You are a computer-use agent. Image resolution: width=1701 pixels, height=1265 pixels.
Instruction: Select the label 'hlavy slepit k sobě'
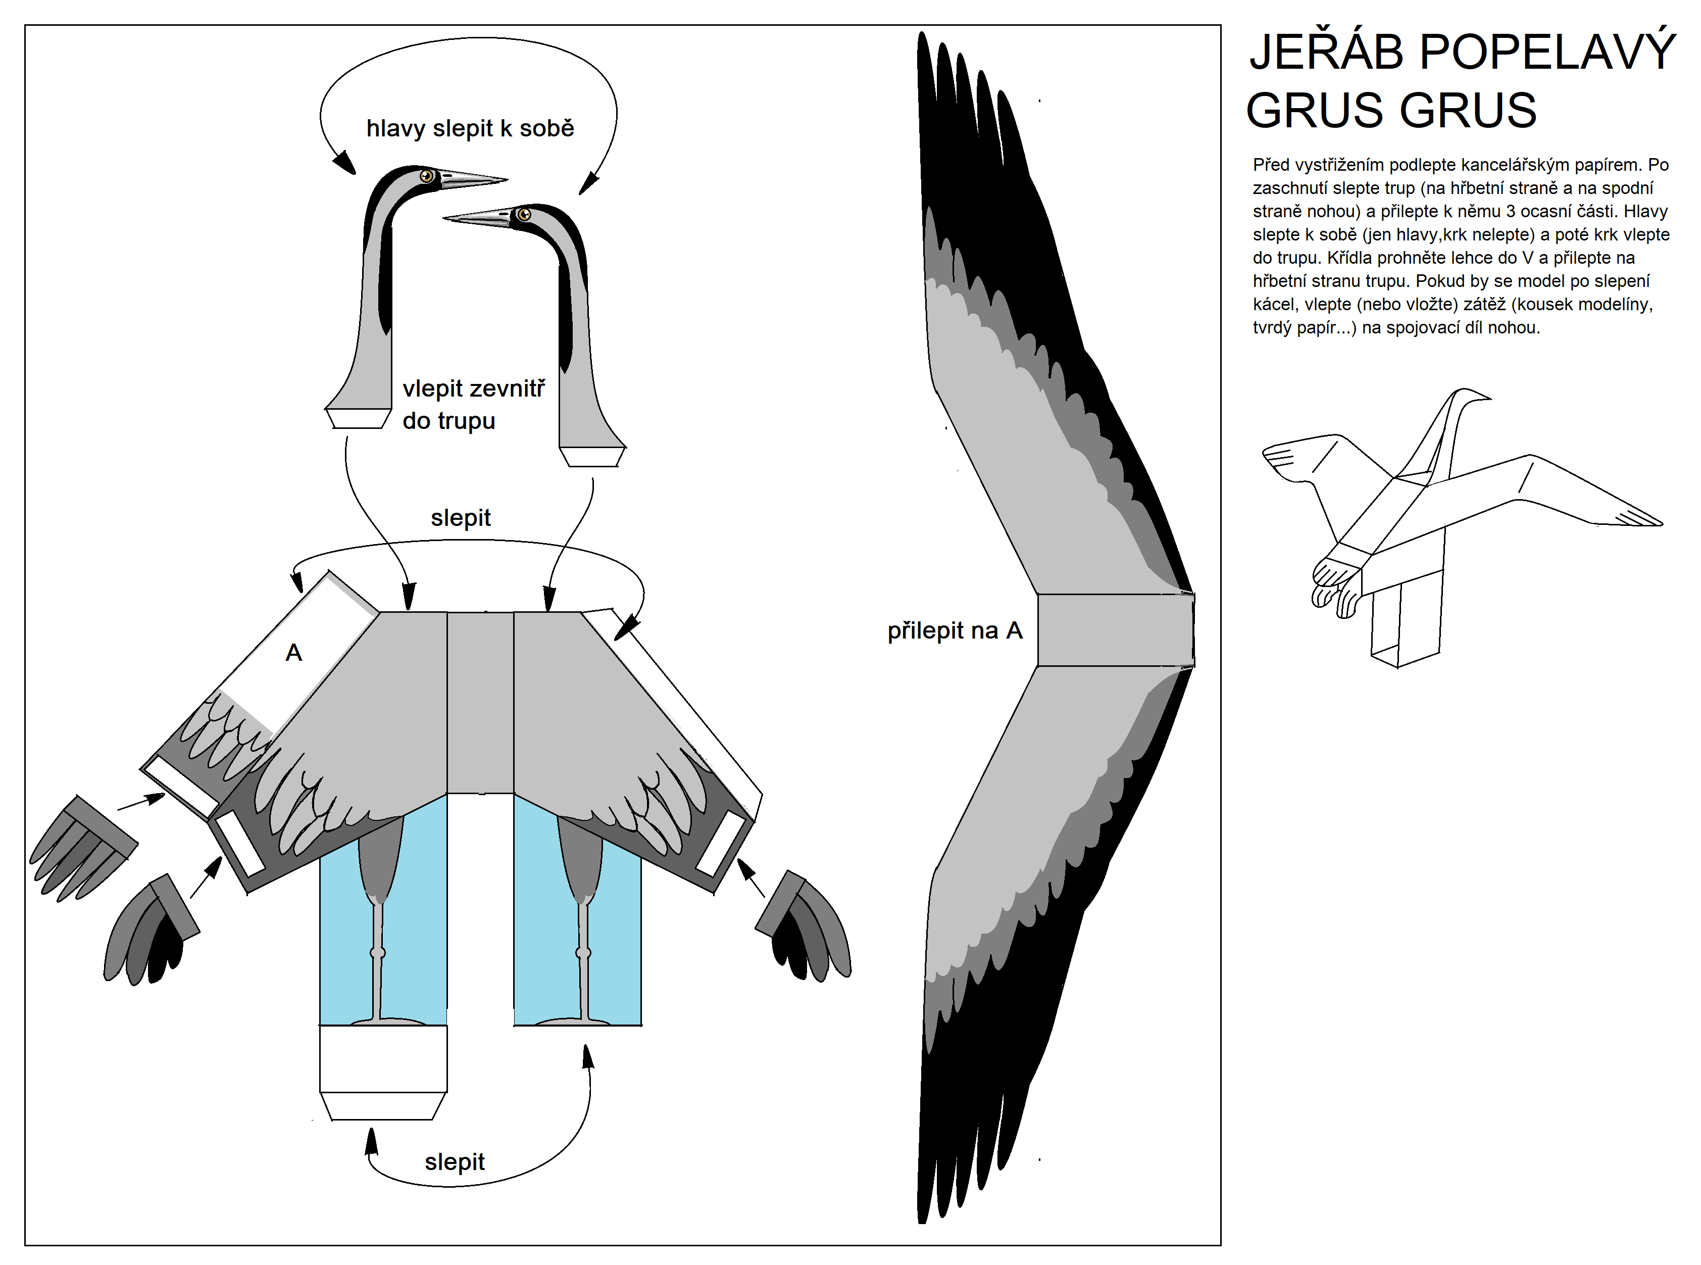click(470, 128)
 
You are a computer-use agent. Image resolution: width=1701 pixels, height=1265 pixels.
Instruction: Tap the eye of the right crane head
click(524, 214)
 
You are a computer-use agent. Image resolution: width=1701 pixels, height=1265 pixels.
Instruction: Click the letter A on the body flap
click(294, 652)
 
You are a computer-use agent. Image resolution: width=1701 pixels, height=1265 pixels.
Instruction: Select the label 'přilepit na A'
click(955, 630)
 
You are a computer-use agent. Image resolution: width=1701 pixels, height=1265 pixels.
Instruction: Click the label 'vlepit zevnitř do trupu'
click(473, 404)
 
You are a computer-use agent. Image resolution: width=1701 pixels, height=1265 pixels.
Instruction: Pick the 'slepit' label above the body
click(460, 518)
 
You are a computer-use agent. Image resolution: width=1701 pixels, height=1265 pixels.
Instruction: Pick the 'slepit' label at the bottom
click(454, 1161)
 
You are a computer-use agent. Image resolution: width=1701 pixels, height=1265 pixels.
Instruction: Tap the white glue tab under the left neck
click(358, 418)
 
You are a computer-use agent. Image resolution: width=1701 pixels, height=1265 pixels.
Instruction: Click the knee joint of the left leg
click(377, 953)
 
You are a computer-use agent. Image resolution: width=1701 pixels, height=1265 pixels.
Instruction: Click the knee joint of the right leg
click(583, 953)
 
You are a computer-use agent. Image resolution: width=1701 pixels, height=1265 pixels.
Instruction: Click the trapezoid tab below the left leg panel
click(383, 1106)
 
